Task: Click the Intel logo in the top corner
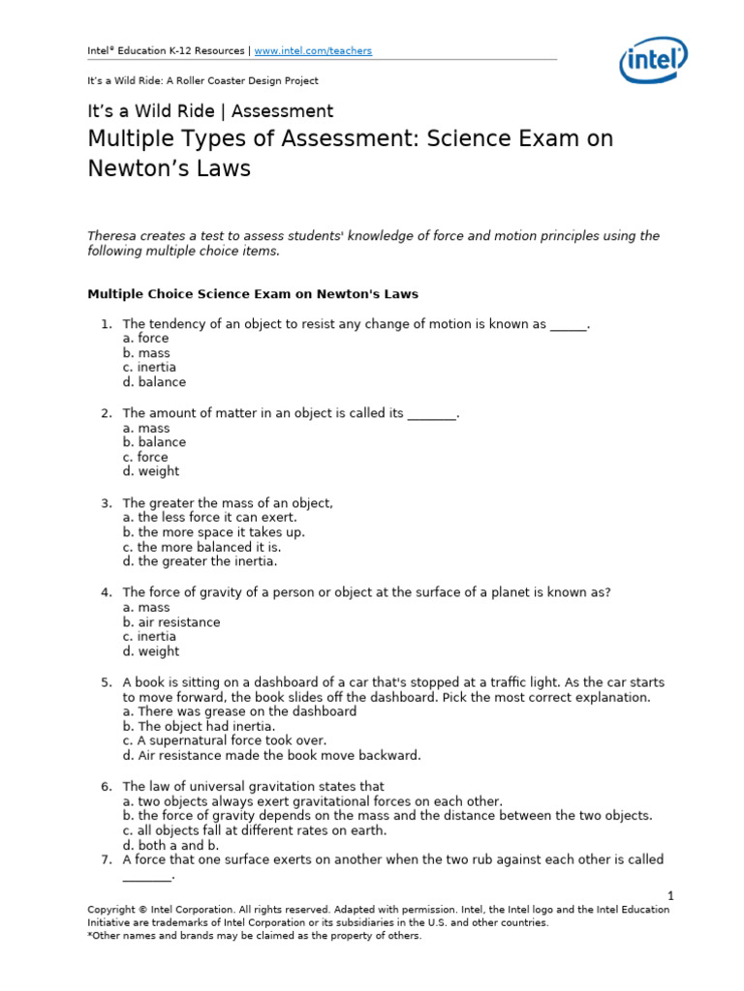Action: click(654, 61)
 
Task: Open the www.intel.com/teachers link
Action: click(313, 50)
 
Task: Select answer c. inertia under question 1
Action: click(149, 368)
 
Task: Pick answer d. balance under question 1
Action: click(154, 382)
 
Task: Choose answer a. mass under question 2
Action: click(146, 428)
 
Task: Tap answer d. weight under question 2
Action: click(151, 471)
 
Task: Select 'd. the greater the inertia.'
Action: click(200, 561)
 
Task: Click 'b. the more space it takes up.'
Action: click(213, 532)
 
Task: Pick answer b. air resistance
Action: click(171, 622)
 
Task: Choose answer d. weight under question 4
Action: click(151, 651)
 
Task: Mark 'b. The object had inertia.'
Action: click(199, 726)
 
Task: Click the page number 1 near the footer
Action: click(669, 896)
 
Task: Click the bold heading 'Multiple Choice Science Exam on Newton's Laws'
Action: click(253, 293)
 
